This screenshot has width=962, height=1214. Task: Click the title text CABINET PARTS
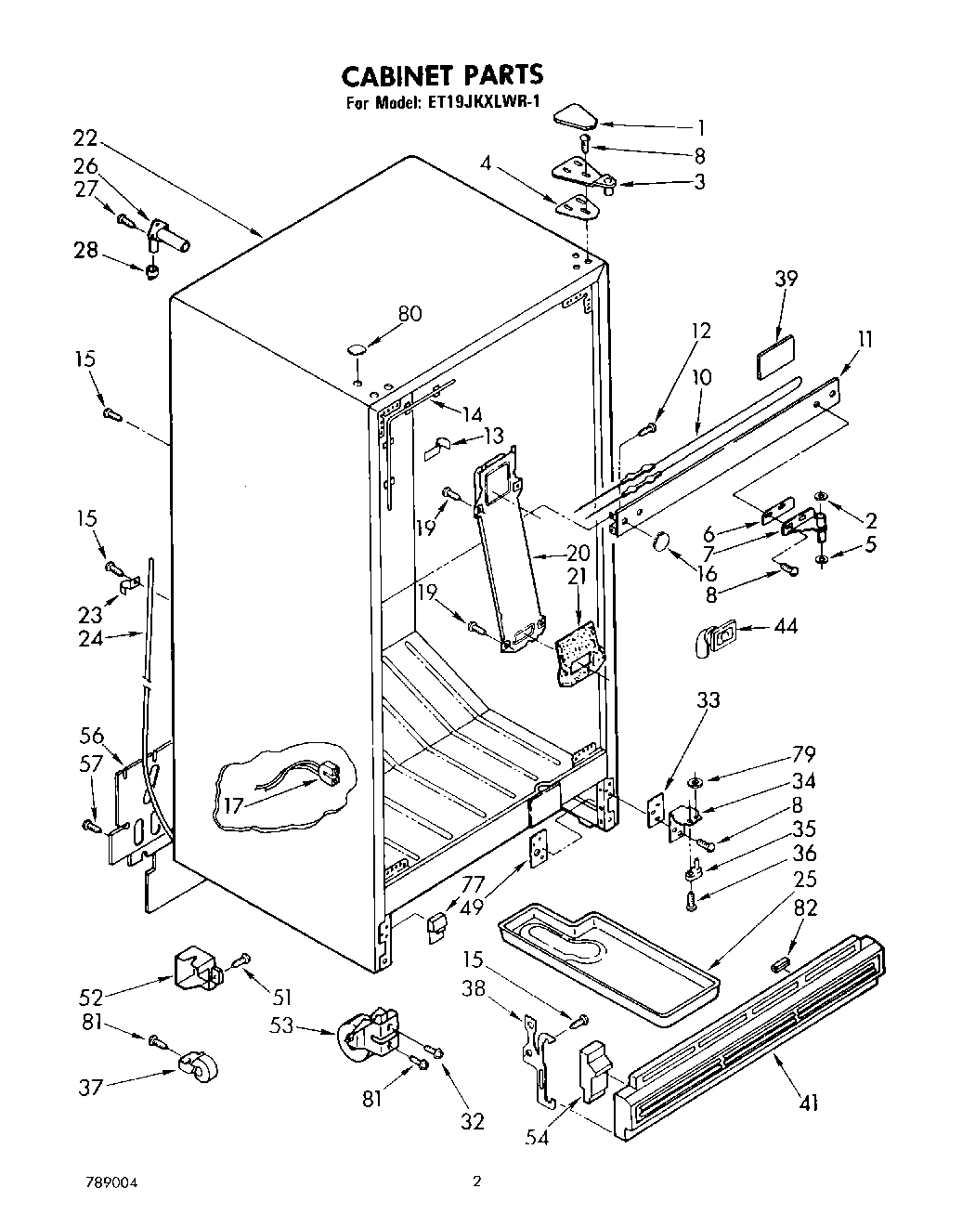[x=441, y=74]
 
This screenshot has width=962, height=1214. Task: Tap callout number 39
[x=786, y=279]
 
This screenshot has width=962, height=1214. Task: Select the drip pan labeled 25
[x=608, y=966]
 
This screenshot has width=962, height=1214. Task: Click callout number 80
[x=409, y=314]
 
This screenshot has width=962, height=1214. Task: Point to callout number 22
[x=85, y=137]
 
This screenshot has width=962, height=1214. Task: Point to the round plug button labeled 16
[x=661, y=542]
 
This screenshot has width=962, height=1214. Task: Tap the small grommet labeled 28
[x=150, y=272]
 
